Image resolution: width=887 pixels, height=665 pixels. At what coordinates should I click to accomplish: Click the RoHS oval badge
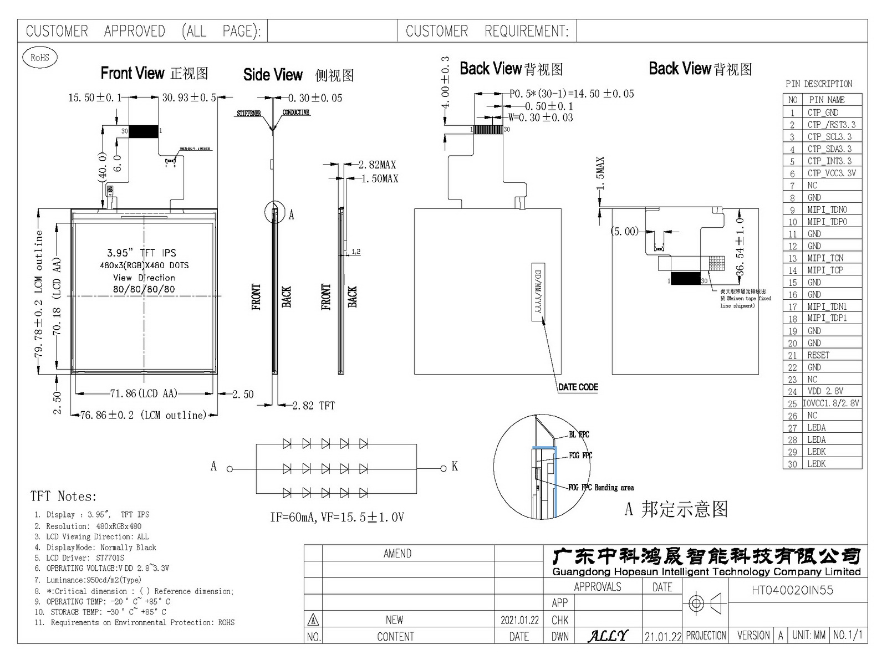point(39,57)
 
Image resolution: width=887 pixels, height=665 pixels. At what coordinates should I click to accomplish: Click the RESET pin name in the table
point(818,355)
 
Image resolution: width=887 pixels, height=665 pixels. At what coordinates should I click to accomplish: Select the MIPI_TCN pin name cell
point(825,258)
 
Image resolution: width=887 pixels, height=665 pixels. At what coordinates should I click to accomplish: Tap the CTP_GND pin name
point(823,112)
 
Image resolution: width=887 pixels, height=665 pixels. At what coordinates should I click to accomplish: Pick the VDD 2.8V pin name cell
point(825,391)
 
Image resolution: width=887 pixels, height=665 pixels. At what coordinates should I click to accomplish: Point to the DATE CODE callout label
point(578,387)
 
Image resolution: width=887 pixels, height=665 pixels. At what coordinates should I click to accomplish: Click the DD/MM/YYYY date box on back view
point(538,291)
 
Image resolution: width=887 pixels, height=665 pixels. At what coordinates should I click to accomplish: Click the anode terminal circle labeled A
point(230,469)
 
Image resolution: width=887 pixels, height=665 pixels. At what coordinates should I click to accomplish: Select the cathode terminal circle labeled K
point(443,469)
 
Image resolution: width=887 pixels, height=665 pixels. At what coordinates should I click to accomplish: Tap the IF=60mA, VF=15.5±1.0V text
point(337,518)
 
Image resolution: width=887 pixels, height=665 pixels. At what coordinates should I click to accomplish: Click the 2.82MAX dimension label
point(377,165)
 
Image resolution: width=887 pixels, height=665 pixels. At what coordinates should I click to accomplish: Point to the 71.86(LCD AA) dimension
point(144,393)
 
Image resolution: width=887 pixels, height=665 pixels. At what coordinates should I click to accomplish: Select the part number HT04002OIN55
point(792,590)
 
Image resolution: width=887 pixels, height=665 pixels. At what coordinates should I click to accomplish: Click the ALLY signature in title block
point(608,636)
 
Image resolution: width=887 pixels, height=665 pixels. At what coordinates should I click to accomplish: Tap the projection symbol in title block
point(705,603)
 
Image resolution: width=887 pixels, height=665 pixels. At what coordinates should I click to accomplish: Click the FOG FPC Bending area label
point(601,488)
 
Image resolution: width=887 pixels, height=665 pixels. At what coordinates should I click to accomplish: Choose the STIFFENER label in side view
point(249,114)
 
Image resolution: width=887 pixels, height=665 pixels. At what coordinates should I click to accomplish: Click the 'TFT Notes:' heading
point(63,497)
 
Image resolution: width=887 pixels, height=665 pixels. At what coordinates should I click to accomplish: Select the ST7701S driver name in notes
point(110,558)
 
